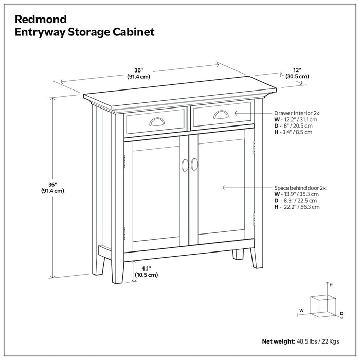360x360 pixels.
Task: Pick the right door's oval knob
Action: [x=194, y=164]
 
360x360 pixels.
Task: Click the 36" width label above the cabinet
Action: [x=138, y=74]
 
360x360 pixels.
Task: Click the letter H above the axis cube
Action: [x=331, y=285]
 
